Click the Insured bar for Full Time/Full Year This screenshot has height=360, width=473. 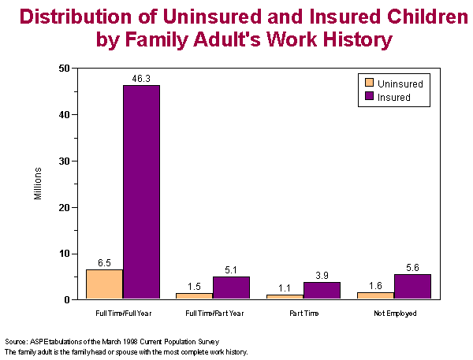tap(141, 192)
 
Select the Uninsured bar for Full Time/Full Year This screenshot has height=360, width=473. tap(104, 284)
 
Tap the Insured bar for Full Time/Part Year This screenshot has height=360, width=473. tap(231, 288)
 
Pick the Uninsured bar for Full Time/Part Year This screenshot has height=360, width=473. tap(195, 295)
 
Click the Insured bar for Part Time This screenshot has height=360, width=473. tap(322, 291)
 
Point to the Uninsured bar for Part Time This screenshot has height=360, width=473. tap(285, 296)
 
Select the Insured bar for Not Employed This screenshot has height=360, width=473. tap(412, 287)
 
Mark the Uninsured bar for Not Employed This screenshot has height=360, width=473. tap(376, 295)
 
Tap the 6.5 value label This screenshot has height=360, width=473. tap(104, 263)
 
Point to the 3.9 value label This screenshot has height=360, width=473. tap(322, 276)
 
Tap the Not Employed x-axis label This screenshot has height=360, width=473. tap(394, 314)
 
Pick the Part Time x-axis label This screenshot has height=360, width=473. tap(304, 314)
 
